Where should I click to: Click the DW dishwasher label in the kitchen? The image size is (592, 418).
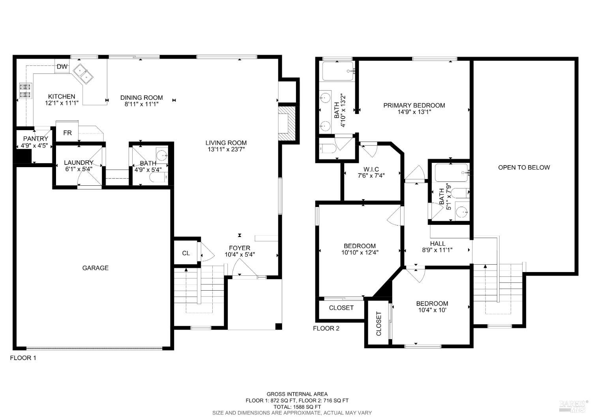pos(62,67)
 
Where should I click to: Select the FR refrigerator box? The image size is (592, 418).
pos(67,133)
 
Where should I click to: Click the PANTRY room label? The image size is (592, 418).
pos(36,139)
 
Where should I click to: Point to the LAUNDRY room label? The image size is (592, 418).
pos(79,162)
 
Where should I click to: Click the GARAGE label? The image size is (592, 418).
pos(95,268)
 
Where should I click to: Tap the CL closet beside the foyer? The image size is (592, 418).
pos(186,253)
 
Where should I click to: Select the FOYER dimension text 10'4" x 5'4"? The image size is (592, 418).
pos(240,255)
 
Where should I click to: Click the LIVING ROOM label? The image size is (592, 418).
pos(226,143)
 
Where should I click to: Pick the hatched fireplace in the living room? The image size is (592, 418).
pos(287,122)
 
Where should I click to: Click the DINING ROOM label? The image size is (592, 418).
pos(141,97)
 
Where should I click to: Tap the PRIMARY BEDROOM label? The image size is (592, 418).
pos(414,105)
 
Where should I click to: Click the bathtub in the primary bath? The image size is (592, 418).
pos(337,71)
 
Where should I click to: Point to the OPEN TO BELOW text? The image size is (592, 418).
pos(524,167)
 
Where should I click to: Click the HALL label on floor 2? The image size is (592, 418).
pos(437,244)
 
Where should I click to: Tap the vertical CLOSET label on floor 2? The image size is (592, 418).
pos(379,324)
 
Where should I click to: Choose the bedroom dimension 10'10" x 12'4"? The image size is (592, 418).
pos(360,252)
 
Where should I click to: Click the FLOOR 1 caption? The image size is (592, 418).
pos(23,358)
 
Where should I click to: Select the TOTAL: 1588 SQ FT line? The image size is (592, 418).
pos(297,407)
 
